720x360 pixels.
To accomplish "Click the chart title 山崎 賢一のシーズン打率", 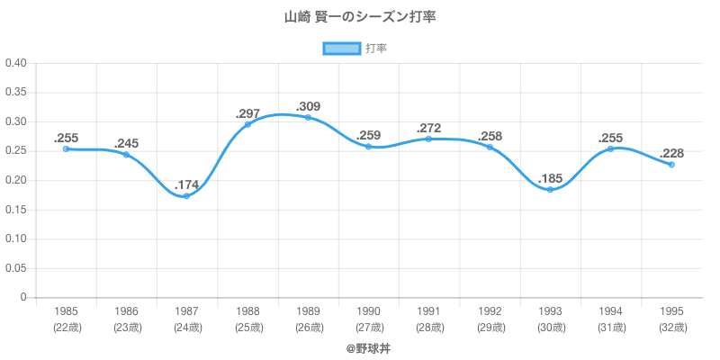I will (x=360, y=17).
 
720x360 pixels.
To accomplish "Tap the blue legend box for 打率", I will (x=342, y=49).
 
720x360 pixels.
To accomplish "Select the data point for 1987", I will (x=186, y=195).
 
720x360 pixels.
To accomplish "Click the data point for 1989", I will (x=308, y=117).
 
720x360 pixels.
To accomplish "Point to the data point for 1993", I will (x=550, y=189).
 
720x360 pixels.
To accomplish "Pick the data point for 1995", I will (x=671, y=165).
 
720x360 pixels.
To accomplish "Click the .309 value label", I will (x=309, y=106).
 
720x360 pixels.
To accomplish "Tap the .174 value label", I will (x=187, y=184).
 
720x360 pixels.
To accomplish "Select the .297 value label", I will (x=247, y=113).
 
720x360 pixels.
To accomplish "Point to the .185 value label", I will (x=551, y=178).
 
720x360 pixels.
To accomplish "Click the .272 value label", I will (x=429, y=128).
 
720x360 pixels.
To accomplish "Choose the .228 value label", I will (x=672, y=153).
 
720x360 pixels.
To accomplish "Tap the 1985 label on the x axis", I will (x=66, y=311).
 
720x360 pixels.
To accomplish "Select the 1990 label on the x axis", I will (x=369, y=311).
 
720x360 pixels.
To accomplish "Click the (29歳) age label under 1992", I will (x=490, y=328).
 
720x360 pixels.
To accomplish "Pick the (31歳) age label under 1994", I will (x=611, y=328).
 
